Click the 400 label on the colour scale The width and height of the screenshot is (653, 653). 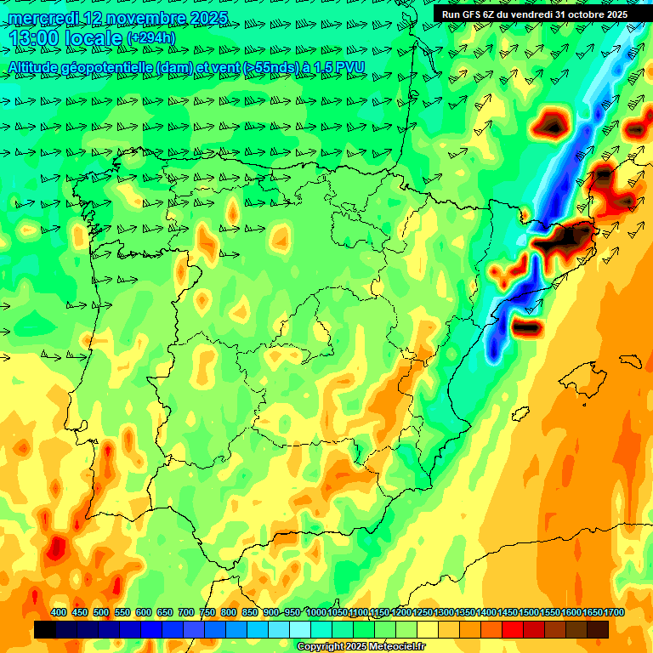[59, 612]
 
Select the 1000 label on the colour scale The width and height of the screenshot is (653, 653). [316, 612]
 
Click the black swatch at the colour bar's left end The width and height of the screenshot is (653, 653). [45, 629]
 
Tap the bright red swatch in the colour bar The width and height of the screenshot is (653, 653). [513, 629]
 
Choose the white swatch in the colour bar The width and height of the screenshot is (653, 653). [300, 629]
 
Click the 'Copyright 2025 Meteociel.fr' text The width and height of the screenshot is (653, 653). [361, 647]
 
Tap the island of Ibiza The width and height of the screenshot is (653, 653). [521, 414]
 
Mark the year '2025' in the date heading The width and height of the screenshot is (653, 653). [207, 17]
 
